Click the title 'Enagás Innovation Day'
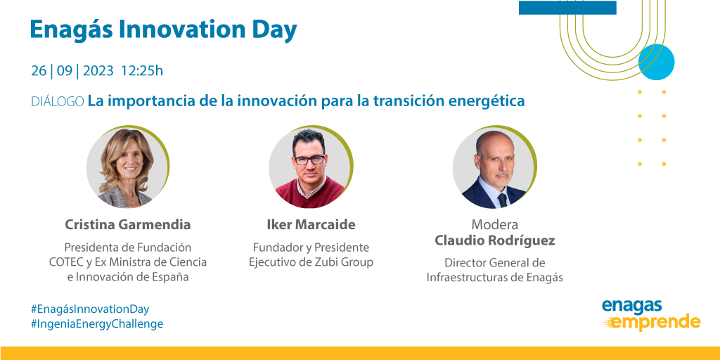pyautogui.click(x=163, y=30)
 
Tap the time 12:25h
pyautogui.click(x=142, y=71)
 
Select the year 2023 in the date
pyautogui.click(x=98, y=71)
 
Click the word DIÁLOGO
pyautogui.click(x=58, y=101)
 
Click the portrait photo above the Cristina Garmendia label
pyautogui.click(x=127, y=169)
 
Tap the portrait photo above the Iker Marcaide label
pyautogui.click(x=310, y=169)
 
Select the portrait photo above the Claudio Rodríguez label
pyautogui.click(x=494, y=169)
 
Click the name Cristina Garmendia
pyautogui.click(x=128, y=225)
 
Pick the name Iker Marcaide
pyautogui.click(x=311, y=225)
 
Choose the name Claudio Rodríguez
pyautogui.click(x=494, y=241)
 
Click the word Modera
pyautogui.click(x=494, y=225)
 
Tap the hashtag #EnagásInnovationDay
pyautogui.click(x=90, y=309)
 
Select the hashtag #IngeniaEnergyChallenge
pyautogui.click(x=97, y=324)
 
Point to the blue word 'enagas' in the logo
pyautogui.click(x=632, y=306)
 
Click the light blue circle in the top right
pyautogui.click(x=656, y=62)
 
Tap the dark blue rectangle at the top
pyautogui.click(x=567, y=8)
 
